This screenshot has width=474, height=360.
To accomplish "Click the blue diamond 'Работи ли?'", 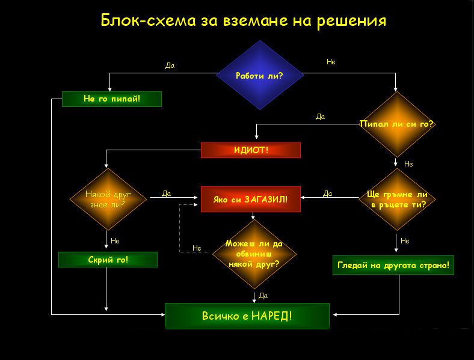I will coord(259,75).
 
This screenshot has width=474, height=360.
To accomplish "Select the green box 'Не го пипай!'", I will coord(112,99).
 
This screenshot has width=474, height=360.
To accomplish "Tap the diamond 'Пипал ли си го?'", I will coord(396,124).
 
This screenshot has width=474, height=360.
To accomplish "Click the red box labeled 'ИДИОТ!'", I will coord(250,150).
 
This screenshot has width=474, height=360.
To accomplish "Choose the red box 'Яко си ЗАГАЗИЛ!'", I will coord(250,199).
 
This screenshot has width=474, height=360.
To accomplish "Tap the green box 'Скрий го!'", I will coord(108,260).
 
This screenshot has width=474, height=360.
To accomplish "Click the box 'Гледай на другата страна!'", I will coord(393,265).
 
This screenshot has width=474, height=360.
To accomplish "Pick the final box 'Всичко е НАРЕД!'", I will coord(247,316).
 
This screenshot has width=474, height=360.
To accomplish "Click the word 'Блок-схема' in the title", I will coord(144,20).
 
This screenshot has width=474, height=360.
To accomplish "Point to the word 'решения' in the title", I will coord(351,20).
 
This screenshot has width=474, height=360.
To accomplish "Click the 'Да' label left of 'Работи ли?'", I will coord(170,66).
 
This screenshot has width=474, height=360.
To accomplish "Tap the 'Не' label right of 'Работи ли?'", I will coord(331,62).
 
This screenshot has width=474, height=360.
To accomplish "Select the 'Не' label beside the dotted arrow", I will coord(197,248).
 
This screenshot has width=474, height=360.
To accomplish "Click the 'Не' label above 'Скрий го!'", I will coord(115,240).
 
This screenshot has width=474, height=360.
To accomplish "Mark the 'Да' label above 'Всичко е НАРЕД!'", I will coord(263,296).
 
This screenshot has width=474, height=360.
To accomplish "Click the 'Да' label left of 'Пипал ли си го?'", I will coord(320,117).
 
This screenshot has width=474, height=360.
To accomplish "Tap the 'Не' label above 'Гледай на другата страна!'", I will coord(405,241).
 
